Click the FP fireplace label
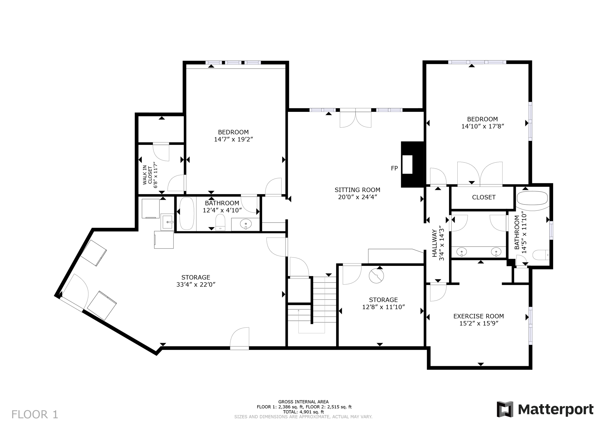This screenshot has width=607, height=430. pyautogui.click(x=394, y=169)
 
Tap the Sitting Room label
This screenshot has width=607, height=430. pyautogui.click(x=357, y=190)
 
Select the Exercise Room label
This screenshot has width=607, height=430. pyautogui.click(x=478, y=316)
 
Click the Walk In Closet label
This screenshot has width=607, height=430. pyautogui.click(x=147, y=175)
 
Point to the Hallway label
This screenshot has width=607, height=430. pyautogui.click(x=435, y=243)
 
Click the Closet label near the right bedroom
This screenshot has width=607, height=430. pyautogui.click(x=484, y=197)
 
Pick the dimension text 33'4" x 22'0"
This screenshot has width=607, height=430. pyautogui.click(x=196, y=285)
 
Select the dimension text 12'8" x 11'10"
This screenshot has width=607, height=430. pyautogui.click(x=384, y=307)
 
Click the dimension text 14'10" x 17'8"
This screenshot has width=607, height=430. pyautogui.click(x=483, y=126)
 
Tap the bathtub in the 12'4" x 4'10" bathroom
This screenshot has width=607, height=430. pyautogui.click(x=187, y=214)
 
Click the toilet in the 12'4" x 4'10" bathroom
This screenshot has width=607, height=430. pyautogui.click(x=220, y=222)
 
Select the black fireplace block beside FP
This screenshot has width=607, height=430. pyautogui.click(x=413, y=164)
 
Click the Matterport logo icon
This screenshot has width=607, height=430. pyautogui.click(x=505, y=409)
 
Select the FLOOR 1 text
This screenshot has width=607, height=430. pyautogui.click(x=35, y=414)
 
